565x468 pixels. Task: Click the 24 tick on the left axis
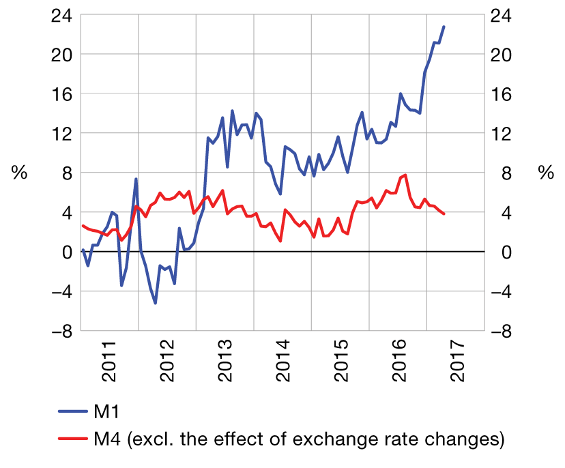[61, 14]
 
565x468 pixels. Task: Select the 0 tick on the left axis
[66, 252]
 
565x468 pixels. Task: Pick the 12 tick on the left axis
[61, 133]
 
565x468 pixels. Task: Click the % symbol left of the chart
[20, 173]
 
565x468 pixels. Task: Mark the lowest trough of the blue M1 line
[156, 303]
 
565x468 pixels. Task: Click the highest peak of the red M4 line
[406, 175]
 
